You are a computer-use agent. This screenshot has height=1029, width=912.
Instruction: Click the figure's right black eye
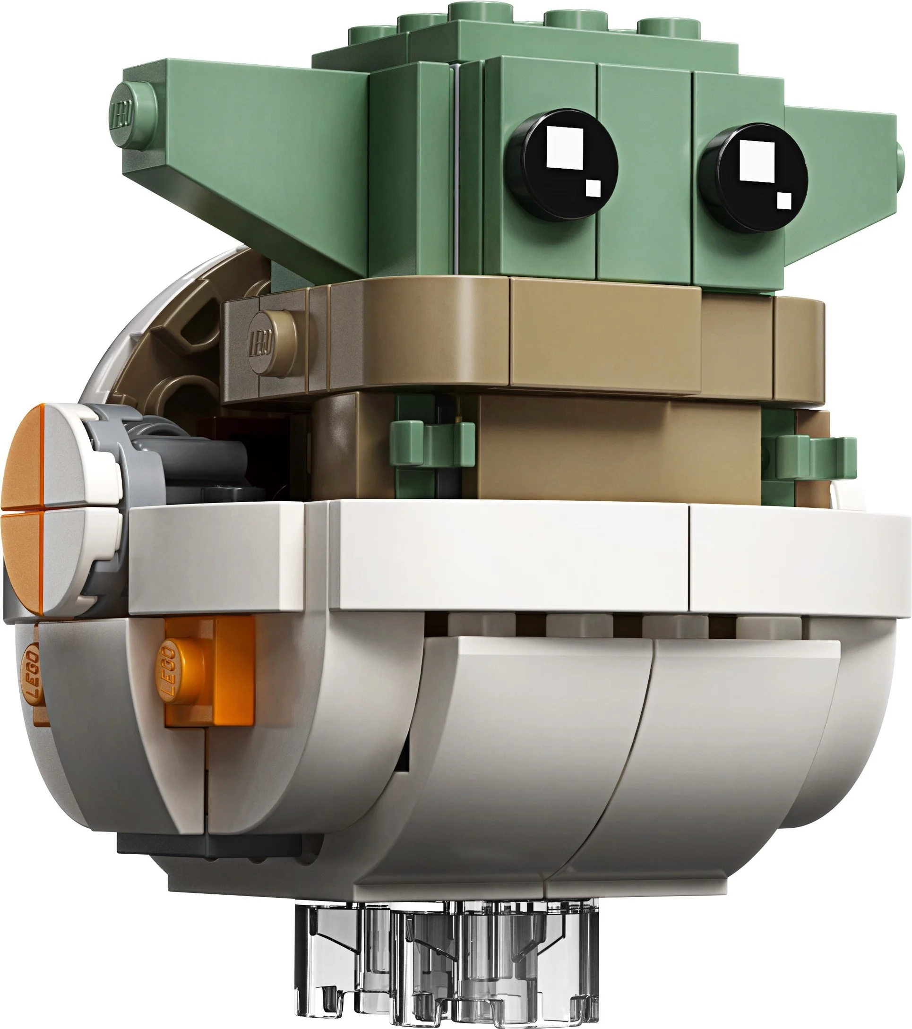pos(754,178)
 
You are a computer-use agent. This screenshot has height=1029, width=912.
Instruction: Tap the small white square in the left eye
pos(593,189)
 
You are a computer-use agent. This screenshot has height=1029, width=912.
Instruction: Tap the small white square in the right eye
pos(784,200)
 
